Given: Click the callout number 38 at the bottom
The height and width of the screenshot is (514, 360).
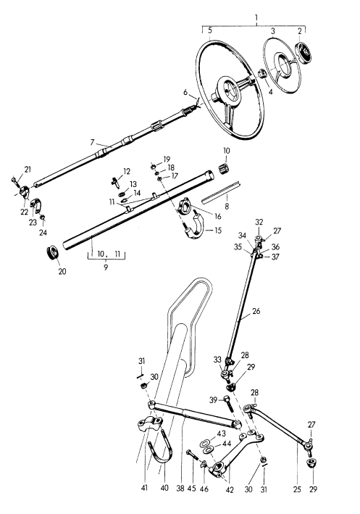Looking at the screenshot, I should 180,489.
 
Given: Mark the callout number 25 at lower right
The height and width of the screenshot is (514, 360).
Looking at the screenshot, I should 296,490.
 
